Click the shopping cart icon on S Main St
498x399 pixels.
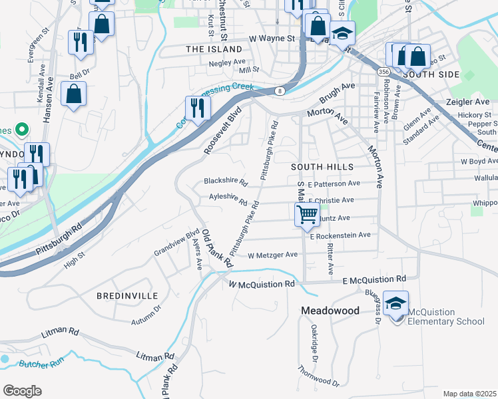306,214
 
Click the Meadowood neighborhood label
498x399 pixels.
330,311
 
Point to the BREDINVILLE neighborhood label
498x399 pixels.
127,295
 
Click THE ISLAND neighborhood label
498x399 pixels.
214,49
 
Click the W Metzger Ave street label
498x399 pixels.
272,255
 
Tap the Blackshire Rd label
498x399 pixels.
226,181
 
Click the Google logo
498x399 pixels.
23,391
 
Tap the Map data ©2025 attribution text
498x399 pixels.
469,394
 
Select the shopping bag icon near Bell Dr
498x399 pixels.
74,94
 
